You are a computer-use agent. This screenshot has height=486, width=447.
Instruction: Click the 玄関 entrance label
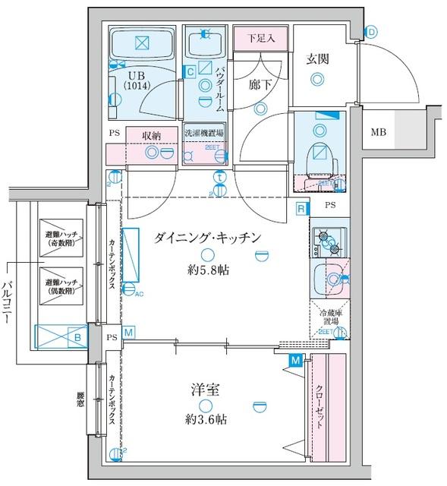pyautogui.click(x=316, y=59)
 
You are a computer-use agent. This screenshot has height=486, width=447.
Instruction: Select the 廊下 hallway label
pyautogui.click(x=260, y=86)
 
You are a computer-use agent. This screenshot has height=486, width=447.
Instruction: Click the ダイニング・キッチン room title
pyautogui.click(x=207, y=238)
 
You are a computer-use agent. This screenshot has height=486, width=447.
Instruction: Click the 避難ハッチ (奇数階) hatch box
pyautogui.click(x=61, y=238)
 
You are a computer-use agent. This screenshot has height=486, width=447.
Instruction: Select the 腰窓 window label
pyautogui.click(x=80, y=401)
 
